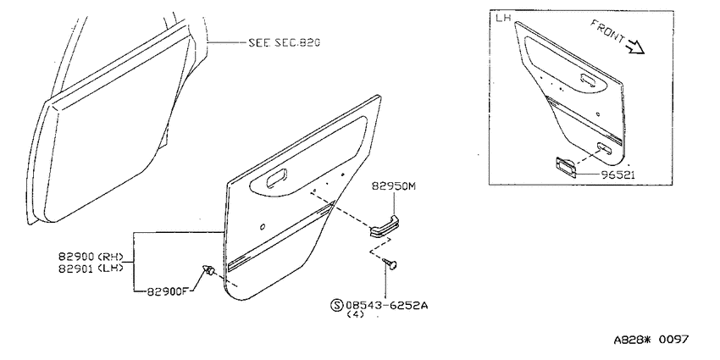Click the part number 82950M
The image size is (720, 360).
click(x=394, y=186)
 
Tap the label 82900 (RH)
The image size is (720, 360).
click(x=91, y=256)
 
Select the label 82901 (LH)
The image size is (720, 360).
click(x=91, y=269)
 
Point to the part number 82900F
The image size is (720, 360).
click(x=169, y=291)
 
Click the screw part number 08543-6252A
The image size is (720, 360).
click(x=387, y=305)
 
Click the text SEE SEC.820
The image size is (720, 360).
click(x=285, y=42)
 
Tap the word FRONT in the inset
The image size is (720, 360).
click(x=607, y=30)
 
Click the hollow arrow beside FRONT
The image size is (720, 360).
click(x=636, y=47)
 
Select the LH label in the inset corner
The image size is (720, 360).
click(x=503, y=18)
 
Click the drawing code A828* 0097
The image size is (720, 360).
click(x=651, y=340)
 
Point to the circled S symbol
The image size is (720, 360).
click(x=337, y=305)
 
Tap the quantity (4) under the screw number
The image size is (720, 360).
click(x=356, y=314)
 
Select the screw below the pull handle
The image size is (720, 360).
click(x=390, y=264)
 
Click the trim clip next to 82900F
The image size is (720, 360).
click(x=208, y=271)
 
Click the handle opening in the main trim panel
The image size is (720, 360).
click(x=277, y=178)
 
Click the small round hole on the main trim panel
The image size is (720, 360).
click(x=263, y=226)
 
